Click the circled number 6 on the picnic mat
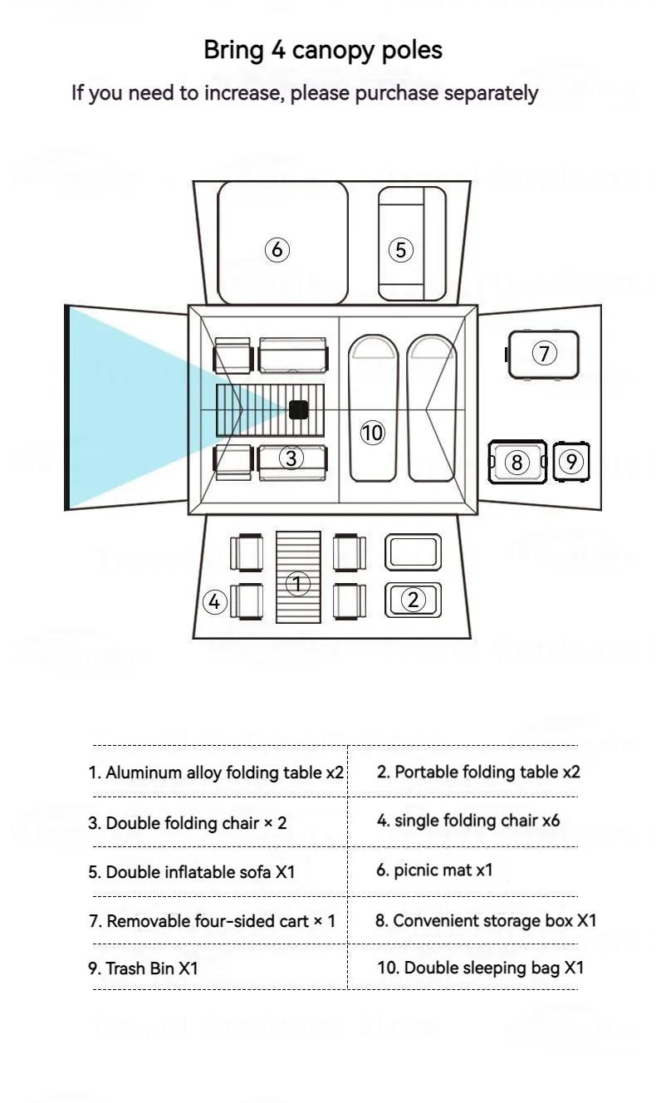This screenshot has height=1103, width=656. [x=277, y=249]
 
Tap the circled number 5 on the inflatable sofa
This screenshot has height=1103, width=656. [x=401, y=249]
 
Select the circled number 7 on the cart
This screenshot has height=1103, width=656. [x=544, y=354]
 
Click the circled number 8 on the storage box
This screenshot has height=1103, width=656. [x=516, y=462]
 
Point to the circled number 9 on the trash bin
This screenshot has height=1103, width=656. [x=570, y=462]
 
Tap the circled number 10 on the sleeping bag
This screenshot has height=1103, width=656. [x=373, y=433]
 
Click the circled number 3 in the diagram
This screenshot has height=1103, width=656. [x=291, y=458]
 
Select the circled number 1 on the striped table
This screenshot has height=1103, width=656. [x=298, y=583]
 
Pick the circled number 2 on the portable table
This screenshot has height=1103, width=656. [x=413, y=599]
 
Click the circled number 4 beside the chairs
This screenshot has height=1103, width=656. [x=215, y=601]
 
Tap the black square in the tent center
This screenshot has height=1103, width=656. [x=298, y=409]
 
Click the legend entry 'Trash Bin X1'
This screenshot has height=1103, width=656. [x=144, y=968]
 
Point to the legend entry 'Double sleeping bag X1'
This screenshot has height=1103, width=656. [x=481, y=968]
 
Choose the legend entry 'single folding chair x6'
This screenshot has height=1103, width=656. [x=468, y=821]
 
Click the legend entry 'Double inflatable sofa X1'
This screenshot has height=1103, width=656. [x=192, y=872]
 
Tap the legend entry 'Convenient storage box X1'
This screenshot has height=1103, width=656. [x=486, y=920]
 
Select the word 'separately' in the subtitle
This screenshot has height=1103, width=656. [x=491, y=93]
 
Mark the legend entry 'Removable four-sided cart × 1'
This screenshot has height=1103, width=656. [x=213, y=921]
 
